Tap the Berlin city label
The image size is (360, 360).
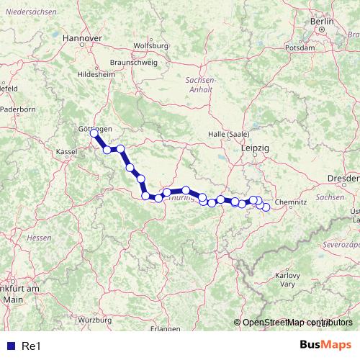pos(321,22)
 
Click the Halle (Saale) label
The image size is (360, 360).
pos(227,135)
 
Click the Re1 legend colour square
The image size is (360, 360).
pos(9,346)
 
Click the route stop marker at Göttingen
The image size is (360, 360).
pos(94,133)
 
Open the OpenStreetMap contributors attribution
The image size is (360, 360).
pos(297,323)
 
